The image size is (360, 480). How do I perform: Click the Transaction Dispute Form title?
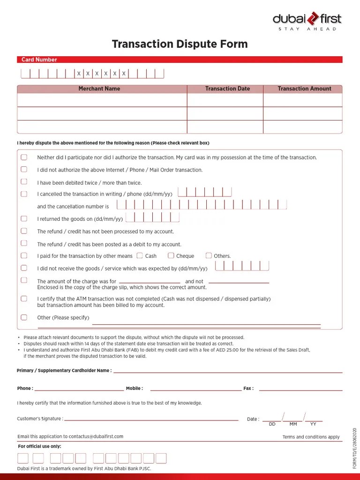coord(180,45)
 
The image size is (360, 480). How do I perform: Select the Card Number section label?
coord(39,60)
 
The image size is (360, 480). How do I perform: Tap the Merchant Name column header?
coord(99,89)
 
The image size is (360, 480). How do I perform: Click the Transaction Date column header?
coord(227,89)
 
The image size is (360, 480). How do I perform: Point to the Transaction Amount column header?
coord(304,89)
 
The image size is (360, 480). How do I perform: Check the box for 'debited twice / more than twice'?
coord(24,181)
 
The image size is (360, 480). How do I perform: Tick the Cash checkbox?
coord(140,255)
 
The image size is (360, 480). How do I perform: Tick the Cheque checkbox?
coord(171,255)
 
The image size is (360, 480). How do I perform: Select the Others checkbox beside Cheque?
coord(209,255)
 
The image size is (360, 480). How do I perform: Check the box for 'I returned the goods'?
coord(24,218)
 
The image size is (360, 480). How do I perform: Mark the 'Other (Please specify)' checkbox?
coord(24,317)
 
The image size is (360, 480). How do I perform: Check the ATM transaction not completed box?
coord(24,299)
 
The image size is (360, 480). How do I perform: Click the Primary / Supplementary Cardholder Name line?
coord(227,372)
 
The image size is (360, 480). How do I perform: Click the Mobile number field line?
coord(195,390)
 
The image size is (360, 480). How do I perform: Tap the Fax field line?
coord(300,390)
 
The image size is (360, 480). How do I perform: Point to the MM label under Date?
coord(293,424)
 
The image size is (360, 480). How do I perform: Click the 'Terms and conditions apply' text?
coord(311,437)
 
